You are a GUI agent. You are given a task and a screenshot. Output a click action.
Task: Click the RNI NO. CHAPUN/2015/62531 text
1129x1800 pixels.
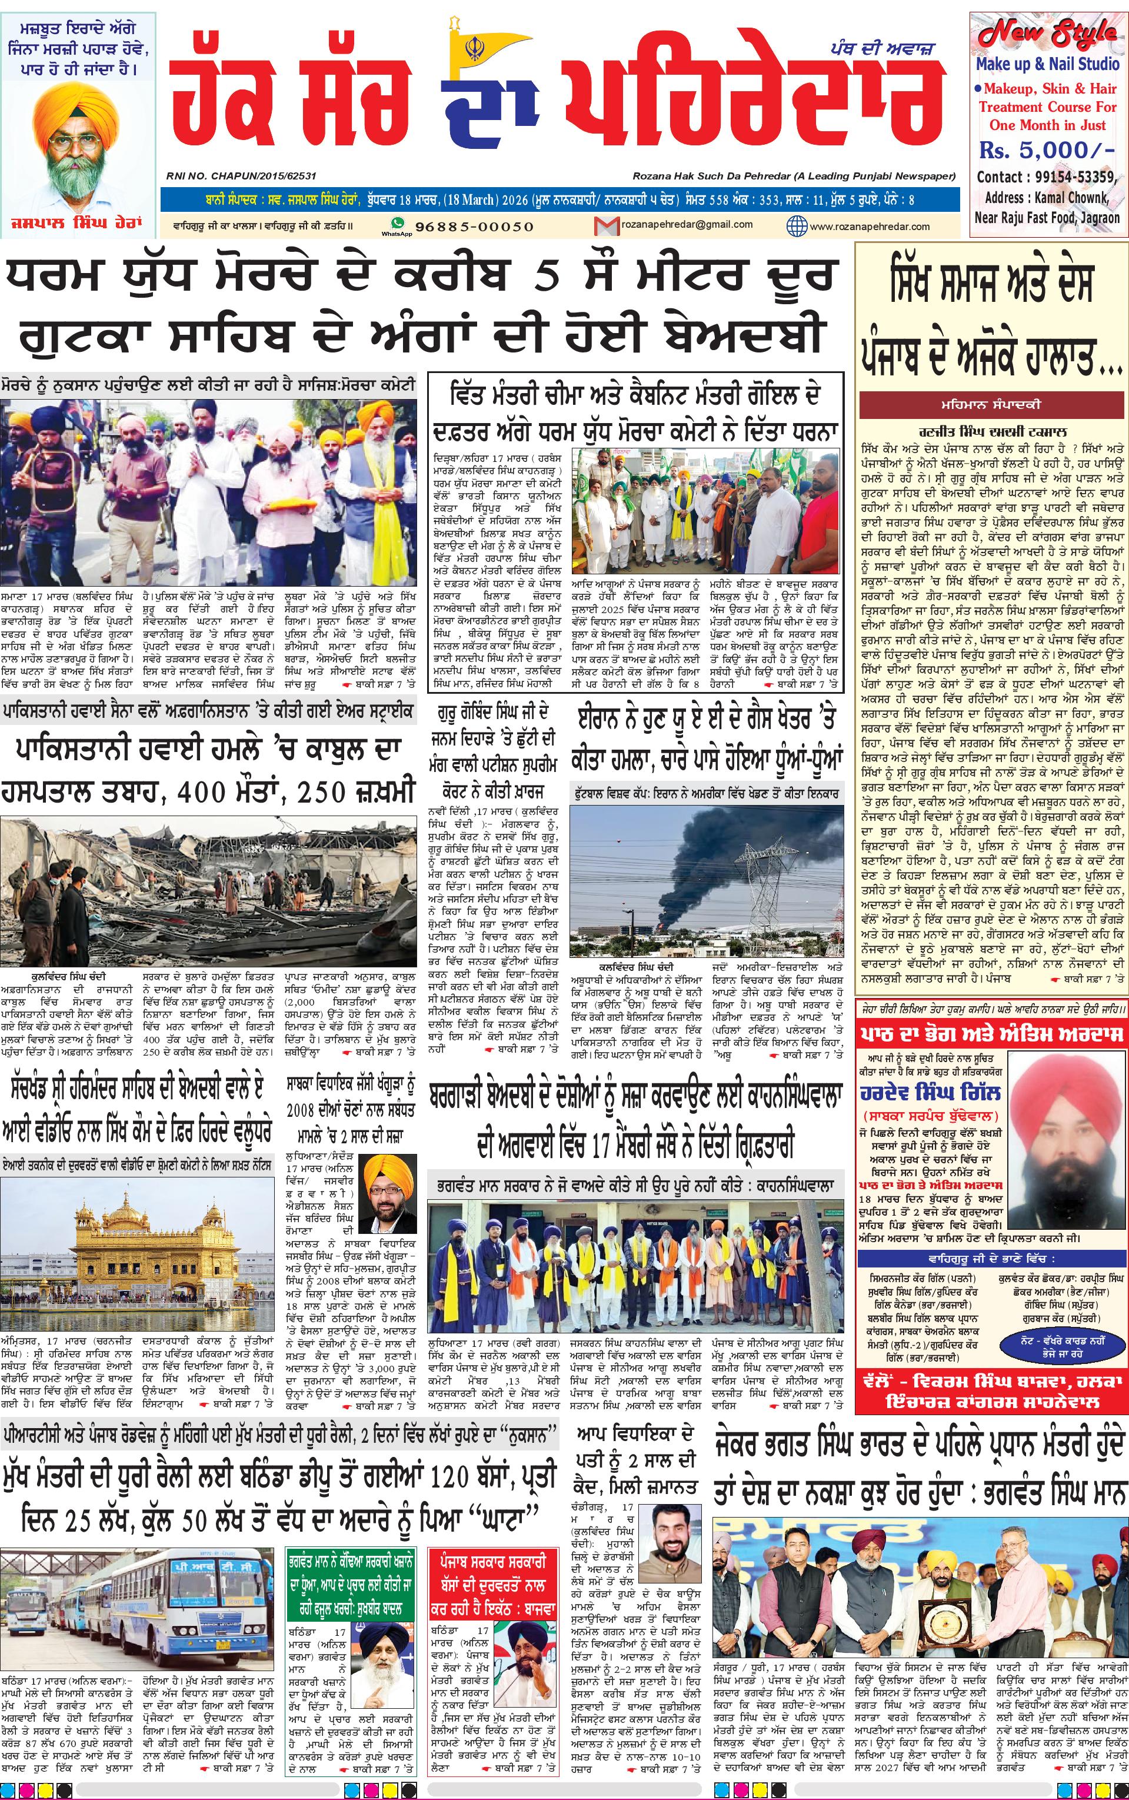coord(241,176)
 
